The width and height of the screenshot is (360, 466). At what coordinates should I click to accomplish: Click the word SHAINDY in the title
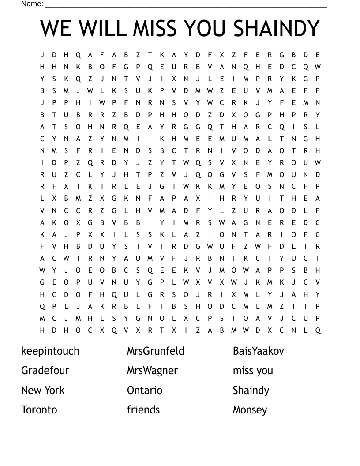[276, 29]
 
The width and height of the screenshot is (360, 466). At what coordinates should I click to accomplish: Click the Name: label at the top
[32, 4]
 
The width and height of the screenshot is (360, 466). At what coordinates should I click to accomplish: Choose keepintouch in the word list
[50, 351]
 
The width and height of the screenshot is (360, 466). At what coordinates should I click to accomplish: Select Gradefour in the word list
[45, 371]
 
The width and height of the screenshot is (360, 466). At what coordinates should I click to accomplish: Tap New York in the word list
[43, 391]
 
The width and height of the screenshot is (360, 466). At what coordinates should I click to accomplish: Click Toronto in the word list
[39, 410]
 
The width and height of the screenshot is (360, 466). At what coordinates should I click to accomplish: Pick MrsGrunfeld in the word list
[156, 351]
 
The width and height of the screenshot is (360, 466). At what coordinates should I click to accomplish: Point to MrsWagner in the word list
[153, 371]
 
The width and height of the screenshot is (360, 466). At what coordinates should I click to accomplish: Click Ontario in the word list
[145, 391]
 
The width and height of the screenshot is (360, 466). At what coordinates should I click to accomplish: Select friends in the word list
[143, 410]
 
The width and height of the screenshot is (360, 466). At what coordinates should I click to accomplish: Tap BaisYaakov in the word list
[259, 351]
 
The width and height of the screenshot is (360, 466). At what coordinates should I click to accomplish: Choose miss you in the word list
[253, 371]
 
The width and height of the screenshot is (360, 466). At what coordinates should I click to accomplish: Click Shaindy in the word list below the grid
[251, 391]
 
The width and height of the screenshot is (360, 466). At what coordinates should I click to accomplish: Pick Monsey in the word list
[250, 410]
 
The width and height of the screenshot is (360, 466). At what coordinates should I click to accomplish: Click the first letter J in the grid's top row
[42, 55]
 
